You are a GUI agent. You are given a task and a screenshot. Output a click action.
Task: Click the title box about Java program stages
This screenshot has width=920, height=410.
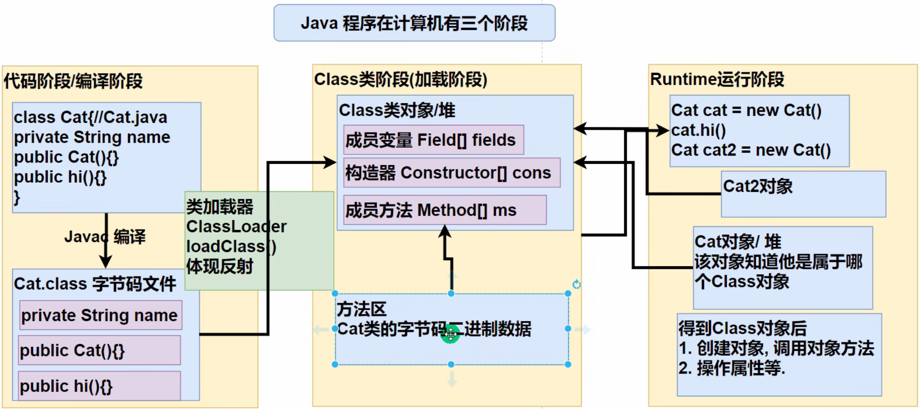point(414,23)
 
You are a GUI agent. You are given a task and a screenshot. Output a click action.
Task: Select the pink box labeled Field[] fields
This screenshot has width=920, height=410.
point(433,140)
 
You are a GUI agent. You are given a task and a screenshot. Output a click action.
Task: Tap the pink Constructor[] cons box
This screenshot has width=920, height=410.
point(451,173)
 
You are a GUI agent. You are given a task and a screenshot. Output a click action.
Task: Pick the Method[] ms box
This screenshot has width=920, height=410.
point(445,210)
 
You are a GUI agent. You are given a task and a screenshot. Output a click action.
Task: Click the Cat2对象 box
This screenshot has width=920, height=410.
point(803,194)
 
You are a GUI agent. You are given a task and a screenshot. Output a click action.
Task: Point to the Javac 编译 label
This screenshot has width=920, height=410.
point(105,237)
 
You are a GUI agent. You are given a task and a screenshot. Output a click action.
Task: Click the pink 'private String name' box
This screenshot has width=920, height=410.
point(100,315)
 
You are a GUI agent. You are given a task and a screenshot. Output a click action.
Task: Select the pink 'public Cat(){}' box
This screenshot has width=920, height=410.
point(99,350)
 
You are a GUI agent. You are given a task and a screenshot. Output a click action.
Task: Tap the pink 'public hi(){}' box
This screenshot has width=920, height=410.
point(99,386)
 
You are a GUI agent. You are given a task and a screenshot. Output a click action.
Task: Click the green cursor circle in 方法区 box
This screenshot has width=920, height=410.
point(450,335)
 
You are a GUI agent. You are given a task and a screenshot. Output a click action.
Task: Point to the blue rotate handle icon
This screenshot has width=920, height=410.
point(577,285)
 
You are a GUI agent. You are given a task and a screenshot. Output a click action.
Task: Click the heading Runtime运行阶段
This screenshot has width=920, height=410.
point(717,80)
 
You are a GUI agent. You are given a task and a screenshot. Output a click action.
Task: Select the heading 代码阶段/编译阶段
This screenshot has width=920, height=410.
point(73,81)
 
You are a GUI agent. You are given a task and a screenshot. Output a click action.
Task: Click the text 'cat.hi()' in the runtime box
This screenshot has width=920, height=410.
point(698,130)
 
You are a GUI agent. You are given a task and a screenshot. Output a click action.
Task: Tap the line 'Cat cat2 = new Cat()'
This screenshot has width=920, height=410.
point(750,150)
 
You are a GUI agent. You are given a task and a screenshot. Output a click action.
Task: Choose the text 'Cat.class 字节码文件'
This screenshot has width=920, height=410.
point(95,284)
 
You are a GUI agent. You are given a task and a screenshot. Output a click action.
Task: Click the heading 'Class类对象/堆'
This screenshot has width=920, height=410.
point(396,110)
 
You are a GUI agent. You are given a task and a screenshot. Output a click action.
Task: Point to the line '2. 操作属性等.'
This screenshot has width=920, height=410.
point(731,368)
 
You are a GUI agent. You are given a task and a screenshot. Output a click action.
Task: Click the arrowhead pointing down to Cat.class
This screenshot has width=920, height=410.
point(106,262)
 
